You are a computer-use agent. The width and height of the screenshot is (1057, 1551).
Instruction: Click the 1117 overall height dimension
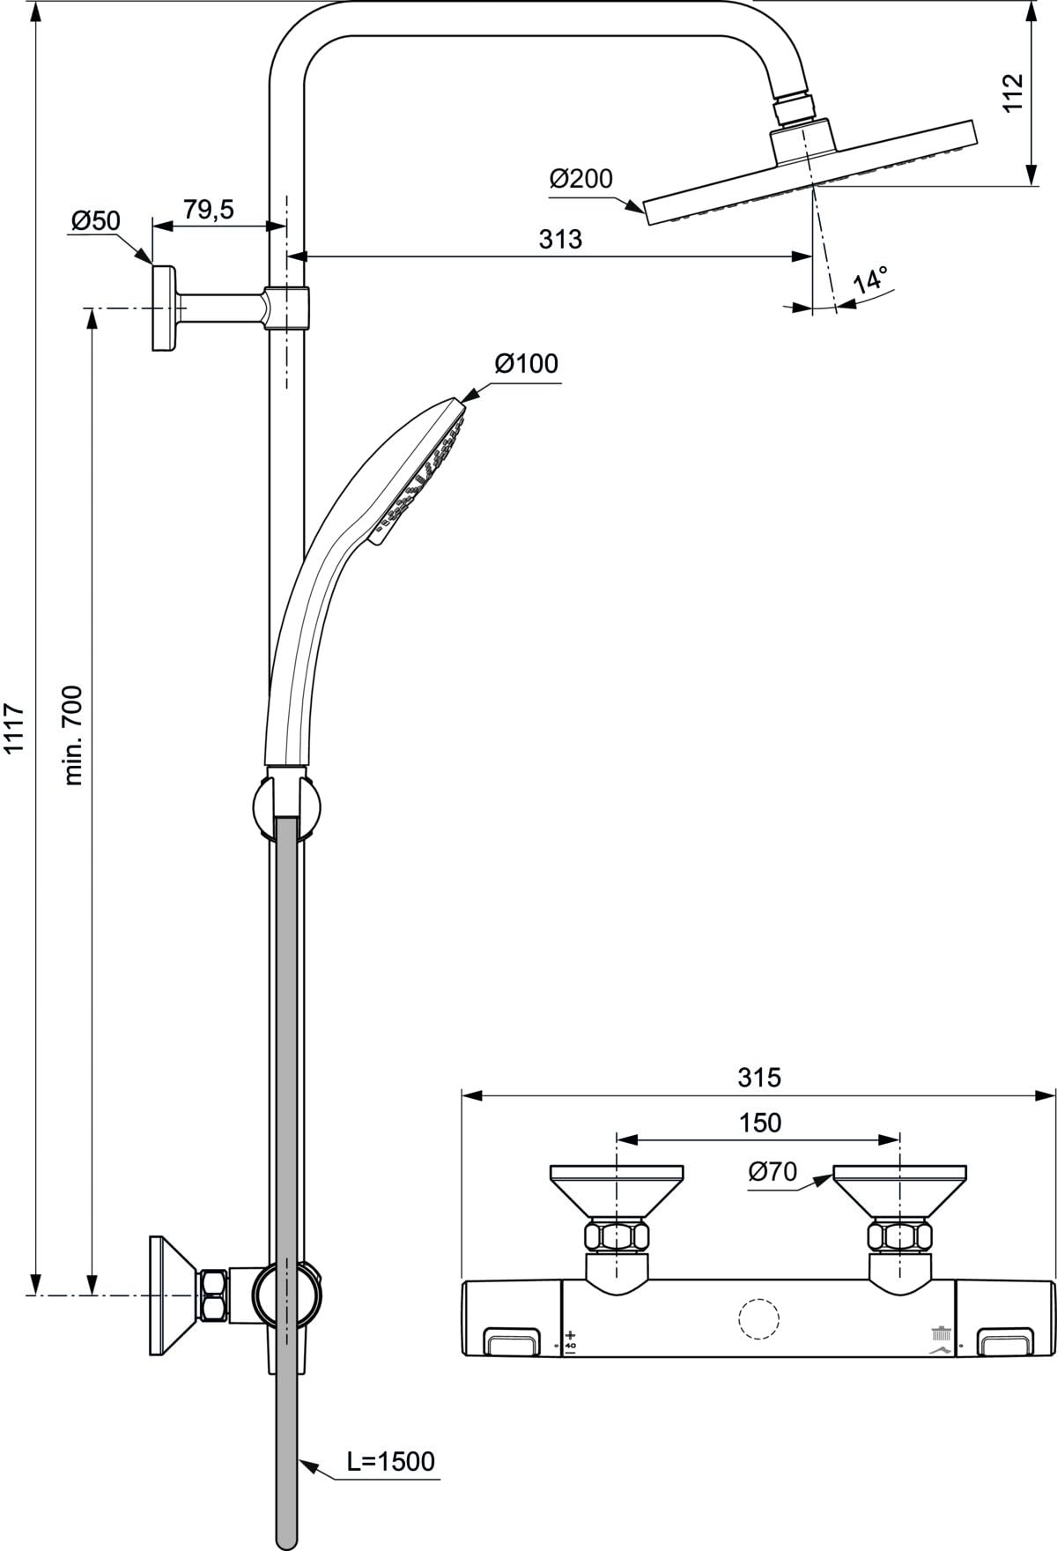click(x=14, y=729)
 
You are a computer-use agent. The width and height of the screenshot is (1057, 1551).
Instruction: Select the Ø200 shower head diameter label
click(x=580, y=179)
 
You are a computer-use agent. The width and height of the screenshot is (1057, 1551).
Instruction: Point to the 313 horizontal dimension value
click(x=561, y=239)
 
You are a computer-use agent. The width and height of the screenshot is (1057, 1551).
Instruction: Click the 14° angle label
click(x=871, y=281)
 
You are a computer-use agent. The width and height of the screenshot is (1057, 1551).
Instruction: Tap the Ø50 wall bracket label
click(x=95, y=220)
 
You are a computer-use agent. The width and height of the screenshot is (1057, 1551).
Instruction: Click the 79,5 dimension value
click(x=209, y=210)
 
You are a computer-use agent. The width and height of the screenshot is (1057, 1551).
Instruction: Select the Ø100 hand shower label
click(x=526, y=363)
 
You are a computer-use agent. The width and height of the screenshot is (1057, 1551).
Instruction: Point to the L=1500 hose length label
click(x=390, y=1461)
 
